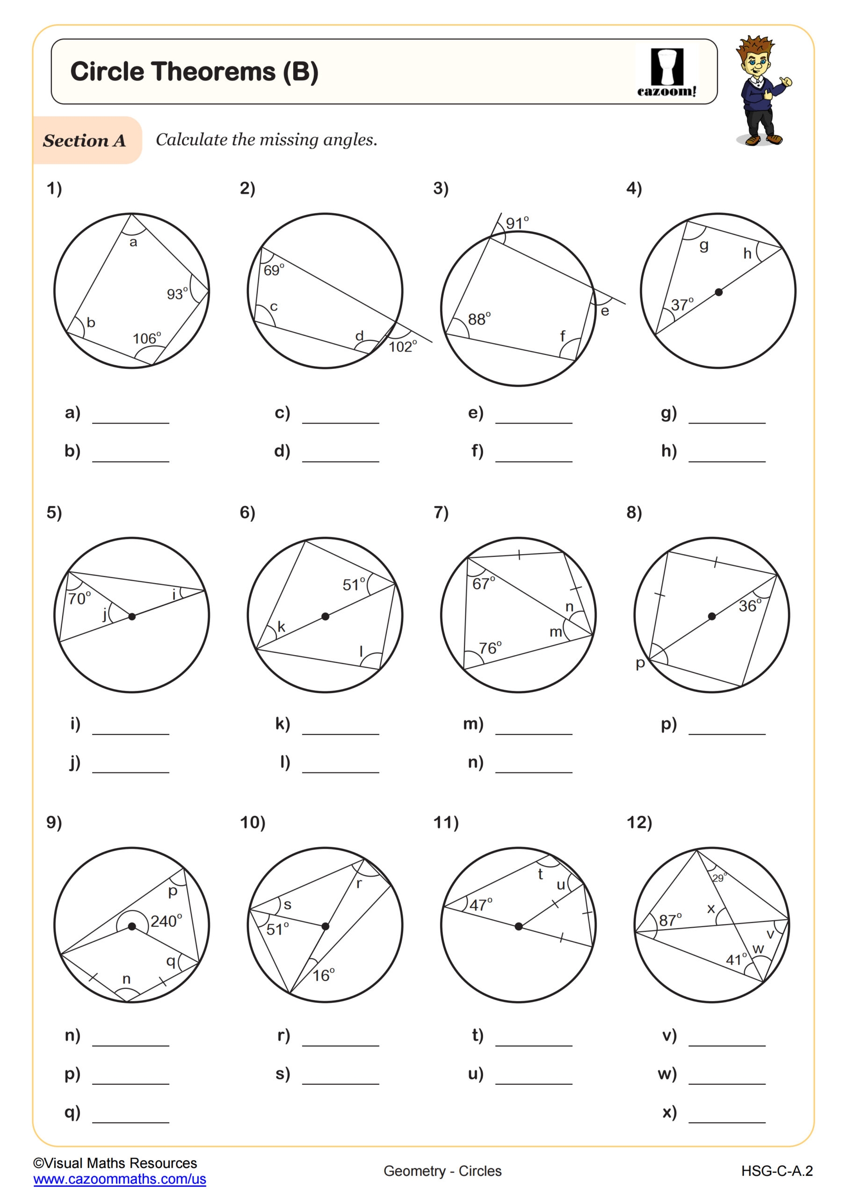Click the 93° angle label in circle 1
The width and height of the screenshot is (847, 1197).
point(177,294)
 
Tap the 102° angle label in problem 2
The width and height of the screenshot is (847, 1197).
point(403,346)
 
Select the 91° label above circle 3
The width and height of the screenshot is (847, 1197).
point(517,223)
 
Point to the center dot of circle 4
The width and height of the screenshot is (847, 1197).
point(719,292)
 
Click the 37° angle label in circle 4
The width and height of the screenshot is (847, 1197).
point(682,304)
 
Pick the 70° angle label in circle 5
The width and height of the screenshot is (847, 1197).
point(80,598)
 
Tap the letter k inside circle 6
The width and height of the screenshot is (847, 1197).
point(281,627)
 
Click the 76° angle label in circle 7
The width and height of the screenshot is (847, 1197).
point(490,648)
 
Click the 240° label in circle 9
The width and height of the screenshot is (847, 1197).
point(167,921)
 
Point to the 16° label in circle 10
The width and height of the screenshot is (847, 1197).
point(323,975)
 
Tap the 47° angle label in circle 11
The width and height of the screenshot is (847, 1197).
point(480,904)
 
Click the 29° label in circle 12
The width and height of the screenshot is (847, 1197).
point(719,878)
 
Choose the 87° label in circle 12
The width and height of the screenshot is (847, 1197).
point(670,920)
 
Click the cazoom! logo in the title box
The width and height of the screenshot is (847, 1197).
point(666,72)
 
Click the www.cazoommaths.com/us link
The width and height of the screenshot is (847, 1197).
point(119,1179)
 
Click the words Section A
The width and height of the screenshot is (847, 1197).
point(85,140)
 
